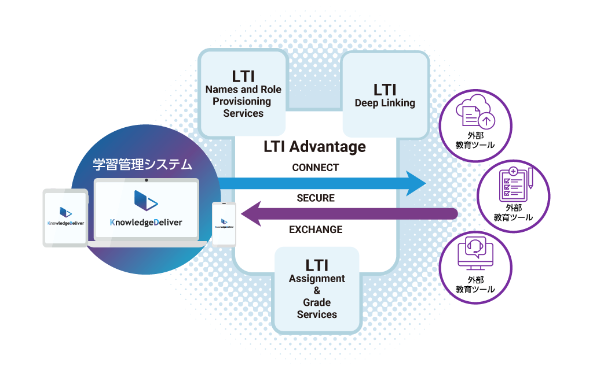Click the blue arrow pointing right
(x=324, y=183)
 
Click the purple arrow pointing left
(x=347, y=214)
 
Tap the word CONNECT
(x=316, y=168)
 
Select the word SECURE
(x=316, y=198)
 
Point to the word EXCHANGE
(x=316, y=230)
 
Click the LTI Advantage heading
(x=314, y=146)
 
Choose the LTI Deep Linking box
(x=385, y=95)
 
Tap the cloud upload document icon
(x=475, y=113)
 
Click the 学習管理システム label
(x=142, y=165)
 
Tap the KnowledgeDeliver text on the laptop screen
(x=146, y=222)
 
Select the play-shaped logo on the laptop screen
(x=145, y=200)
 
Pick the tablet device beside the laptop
(x=65, y=217)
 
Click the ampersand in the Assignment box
(x=317, y=291)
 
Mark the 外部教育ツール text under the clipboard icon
(x=513, y=212)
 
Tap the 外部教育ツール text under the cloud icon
(x=475, y=140)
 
